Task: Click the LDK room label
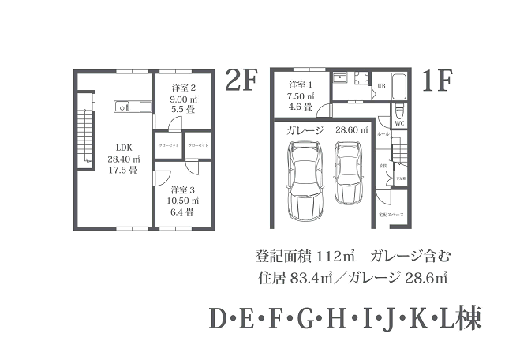click(124, 147)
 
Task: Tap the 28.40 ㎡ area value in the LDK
click(124, 158)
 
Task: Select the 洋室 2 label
click(182, 88)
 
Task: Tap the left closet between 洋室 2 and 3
click(168, 147)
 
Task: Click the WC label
click(399, 123)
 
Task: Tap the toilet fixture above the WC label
click(399, 110)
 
